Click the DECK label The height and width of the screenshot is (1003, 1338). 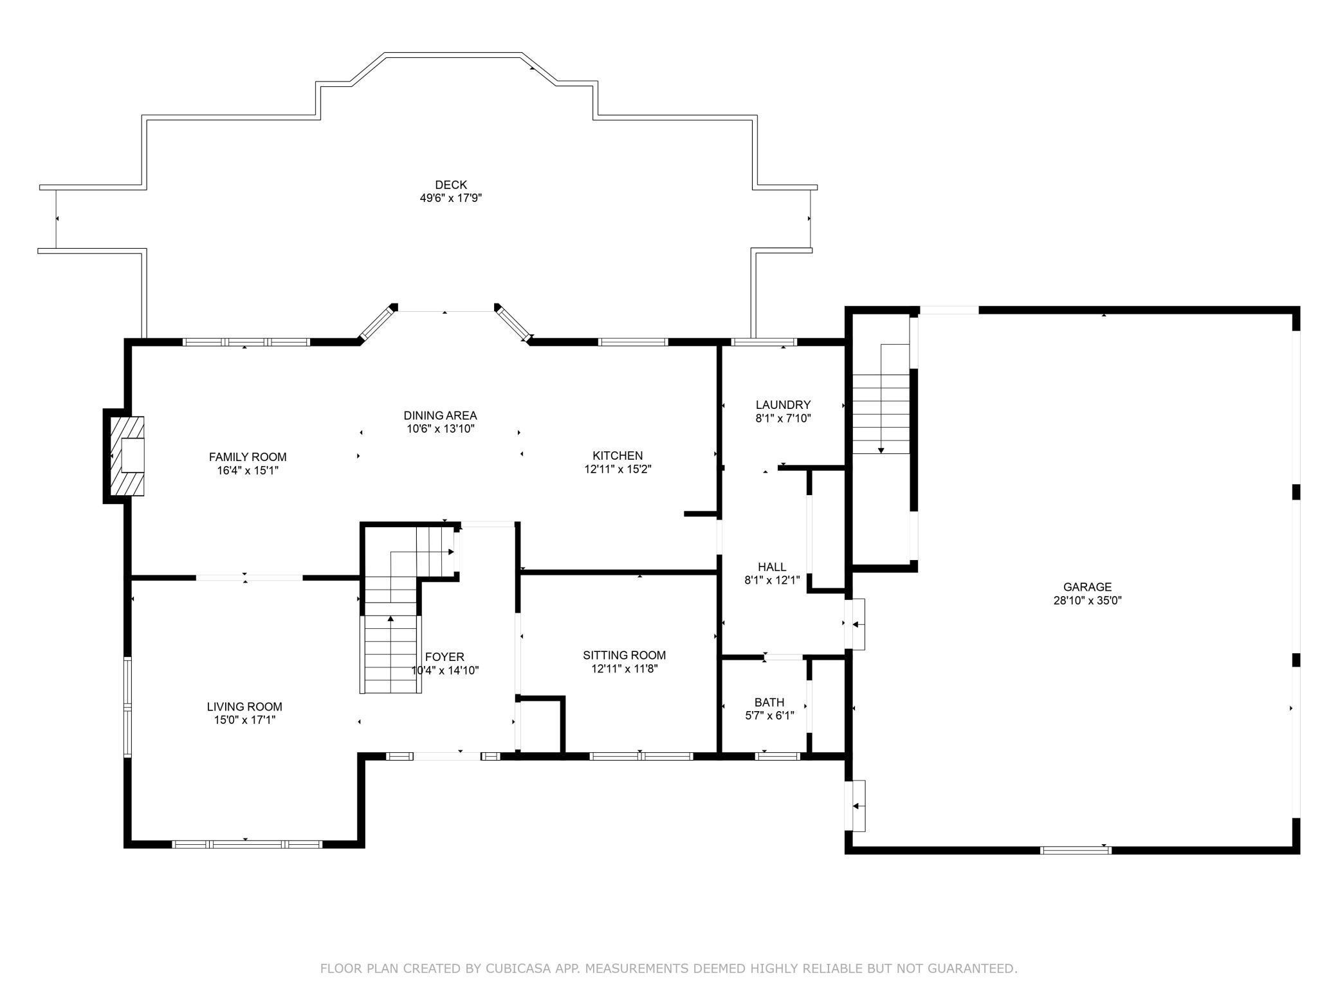(x=451, y=185)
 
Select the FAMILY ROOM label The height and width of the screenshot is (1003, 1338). (x=248, y=457)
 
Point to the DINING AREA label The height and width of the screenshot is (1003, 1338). (x=441, y=416)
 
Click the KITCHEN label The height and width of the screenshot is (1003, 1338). (x=618, y=456)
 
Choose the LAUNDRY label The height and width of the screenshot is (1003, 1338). (x=783, y=405)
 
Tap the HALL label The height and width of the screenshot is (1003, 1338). (x=772, y=567)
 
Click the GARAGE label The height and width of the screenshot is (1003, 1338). (x=1087, y=587)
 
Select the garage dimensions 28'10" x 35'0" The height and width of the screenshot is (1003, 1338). (x=1087, y=601)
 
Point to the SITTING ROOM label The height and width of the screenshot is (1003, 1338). (x=625, y=655)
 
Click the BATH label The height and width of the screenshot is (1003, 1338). (x=769, y=703)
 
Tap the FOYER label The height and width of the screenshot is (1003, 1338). (x=444, y=657)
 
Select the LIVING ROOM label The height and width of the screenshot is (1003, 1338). (x=244, y=707)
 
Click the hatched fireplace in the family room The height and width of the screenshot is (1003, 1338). (x=126, y=456)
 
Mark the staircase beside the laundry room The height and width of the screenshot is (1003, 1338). (x=881, y=399)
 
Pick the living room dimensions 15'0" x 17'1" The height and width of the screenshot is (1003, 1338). (x=244, y=720)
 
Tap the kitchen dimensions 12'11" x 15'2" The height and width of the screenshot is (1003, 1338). (x=618, y=469)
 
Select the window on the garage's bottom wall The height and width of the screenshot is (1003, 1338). (x=1076, y=850)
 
